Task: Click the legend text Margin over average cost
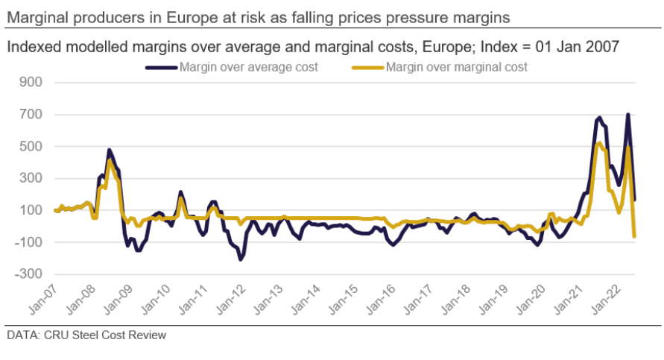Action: click(249, 67)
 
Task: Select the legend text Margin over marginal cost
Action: click(457, 67)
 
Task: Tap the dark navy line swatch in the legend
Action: click(162, 67)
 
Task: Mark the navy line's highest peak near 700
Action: click(628, 115)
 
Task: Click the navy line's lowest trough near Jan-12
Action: click(241, 259)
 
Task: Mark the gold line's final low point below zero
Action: click(634, 236)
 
